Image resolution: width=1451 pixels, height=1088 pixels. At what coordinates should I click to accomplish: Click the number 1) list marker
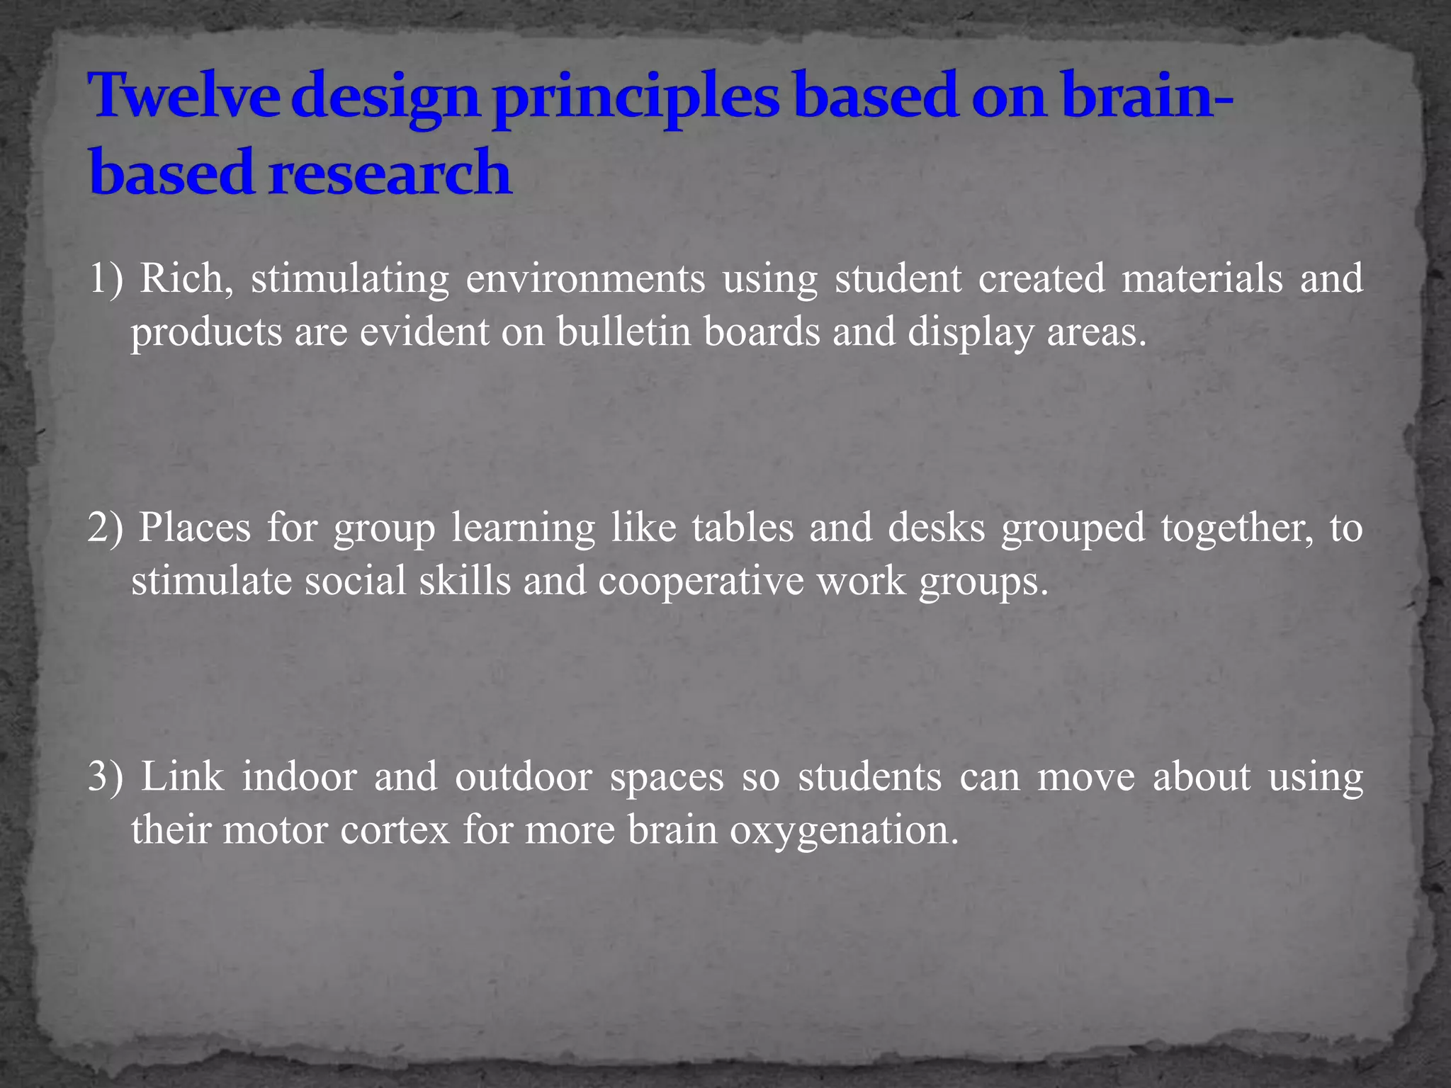(x=106, y=278)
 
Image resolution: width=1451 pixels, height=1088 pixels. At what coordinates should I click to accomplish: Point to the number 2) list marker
(x=106, y=528)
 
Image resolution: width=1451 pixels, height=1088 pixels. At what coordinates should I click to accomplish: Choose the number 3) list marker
(x=106, y=777)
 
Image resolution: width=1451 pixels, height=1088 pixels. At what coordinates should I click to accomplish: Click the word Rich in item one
(x=186, y=278)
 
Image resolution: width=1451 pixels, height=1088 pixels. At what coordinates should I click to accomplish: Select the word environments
(x=585, y=278)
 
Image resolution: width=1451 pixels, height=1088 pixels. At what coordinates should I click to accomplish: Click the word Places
(x=194, y=528)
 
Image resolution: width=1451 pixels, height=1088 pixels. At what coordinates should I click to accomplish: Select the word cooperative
(x=701, y=582)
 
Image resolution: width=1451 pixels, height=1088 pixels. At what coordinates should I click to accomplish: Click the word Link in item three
(x=182, y=777)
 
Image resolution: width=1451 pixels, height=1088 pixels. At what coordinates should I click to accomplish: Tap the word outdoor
(x=523, y=777)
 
